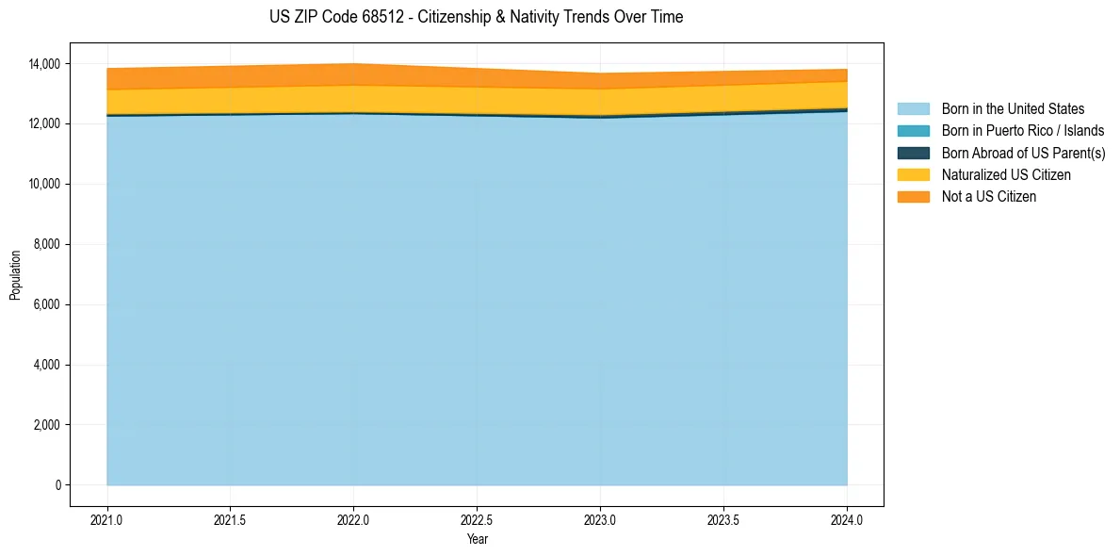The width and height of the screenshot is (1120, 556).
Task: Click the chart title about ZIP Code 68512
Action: tap(476, 17)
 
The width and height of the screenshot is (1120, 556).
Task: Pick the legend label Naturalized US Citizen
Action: tap(1006, 175)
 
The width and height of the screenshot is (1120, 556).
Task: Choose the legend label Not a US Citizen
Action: tap(989, 197)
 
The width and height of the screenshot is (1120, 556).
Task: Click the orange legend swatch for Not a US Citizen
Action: tap(913, 197)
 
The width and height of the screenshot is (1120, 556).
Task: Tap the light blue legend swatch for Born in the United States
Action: tap(913, 109)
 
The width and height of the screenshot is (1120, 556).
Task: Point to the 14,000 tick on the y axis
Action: tap(43, 64)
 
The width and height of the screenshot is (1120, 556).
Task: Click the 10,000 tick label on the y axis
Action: tap(43, 185)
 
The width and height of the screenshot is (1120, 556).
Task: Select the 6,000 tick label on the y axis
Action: tap(46, 305)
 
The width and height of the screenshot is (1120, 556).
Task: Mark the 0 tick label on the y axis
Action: tap(57, 485)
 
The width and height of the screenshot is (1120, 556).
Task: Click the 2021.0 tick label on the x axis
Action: tap(106, 519)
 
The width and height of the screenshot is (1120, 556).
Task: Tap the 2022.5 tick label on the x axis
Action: tap(477, 519)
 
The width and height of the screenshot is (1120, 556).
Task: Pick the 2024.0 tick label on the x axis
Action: tap(847, 519)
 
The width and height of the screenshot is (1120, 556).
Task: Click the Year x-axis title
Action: tap(477, 539)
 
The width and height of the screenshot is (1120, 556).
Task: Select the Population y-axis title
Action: tap(15, 275)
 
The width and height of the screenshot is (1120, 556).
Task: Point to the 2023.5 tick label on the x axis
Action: tap(723, 519)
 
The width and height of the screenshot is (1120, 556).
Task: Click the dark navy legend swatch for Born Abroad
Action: tap(913, 153)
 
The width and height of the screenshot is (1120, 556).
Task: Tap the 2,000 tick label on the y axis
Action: tap(46, 425)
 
